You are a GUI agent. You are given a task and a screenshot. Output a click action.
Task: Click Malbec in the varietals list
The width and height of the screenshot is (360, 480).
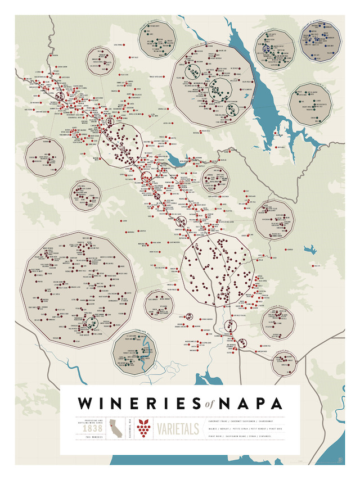pos(214,428)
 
